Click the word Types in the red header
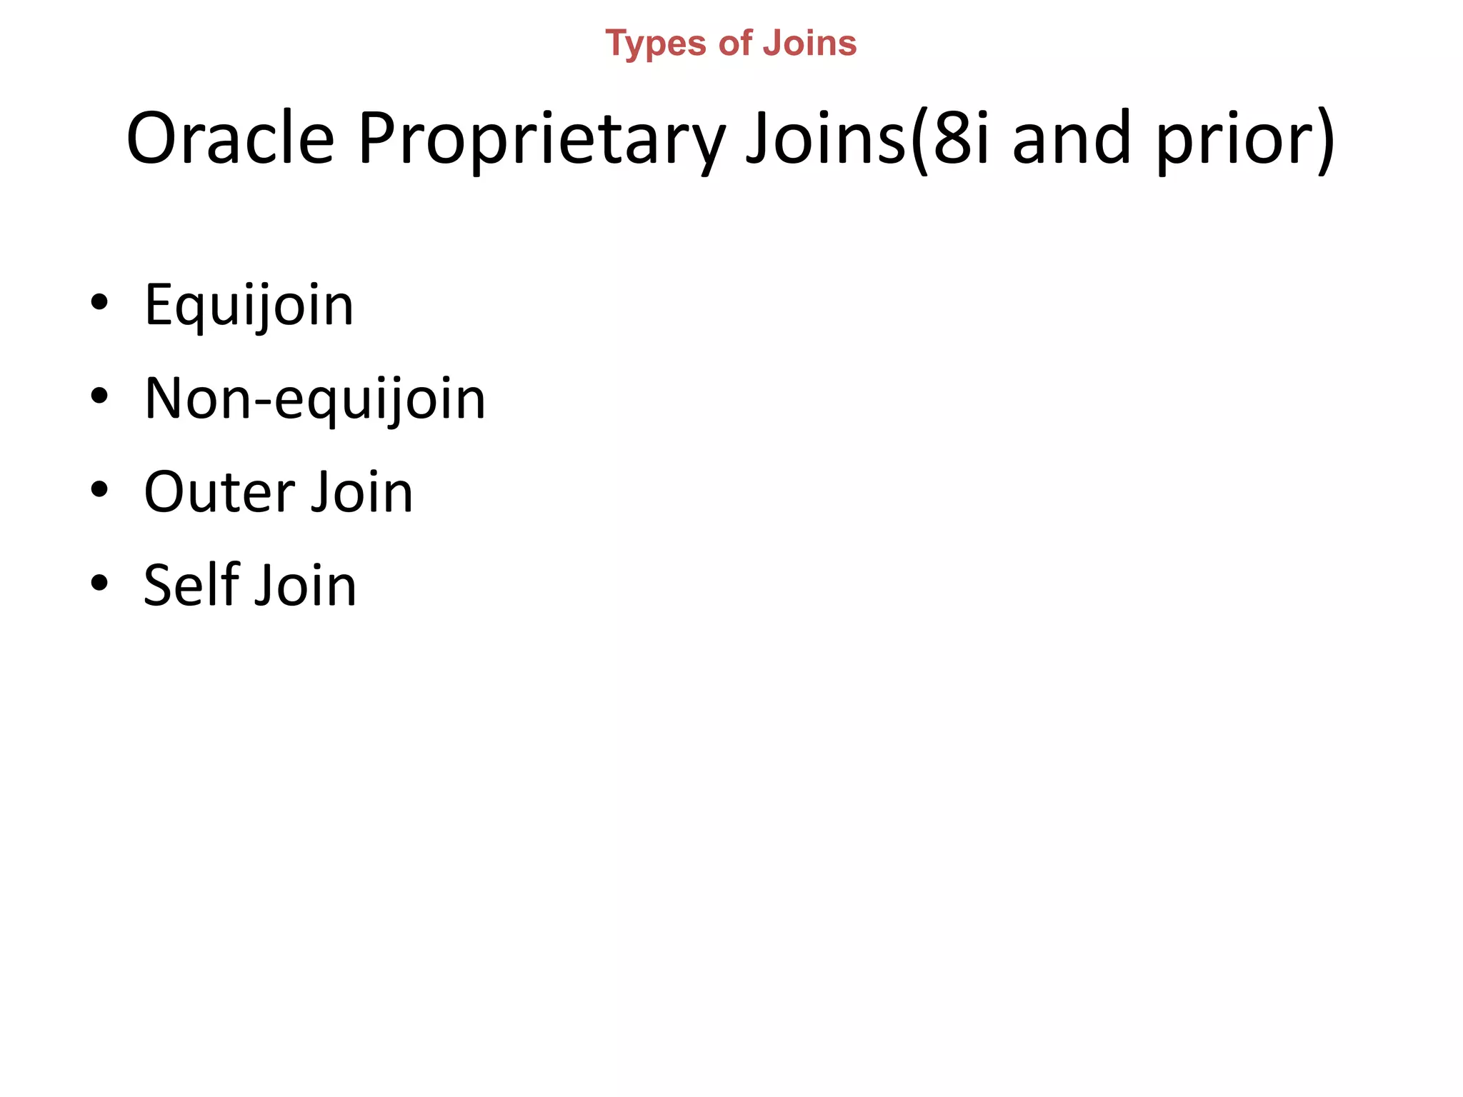[656, 44]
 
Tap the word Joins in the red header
[809, 44]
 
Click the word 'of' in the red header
[735, 44]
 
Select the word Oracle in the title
[230, 139]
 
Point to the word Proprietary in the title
[542, 139]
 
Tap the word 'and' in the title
[1072, 139]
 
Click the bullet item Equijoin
[249, 306]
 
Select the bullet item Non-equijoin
[314, 399]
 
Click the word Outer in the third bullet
[219, 492]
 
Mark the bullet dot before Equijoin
[99, 302]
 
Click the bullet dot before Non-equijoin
[99, 396]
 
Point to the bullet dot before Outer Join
[99, 489]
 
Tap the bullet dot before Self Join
[99, 583]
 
